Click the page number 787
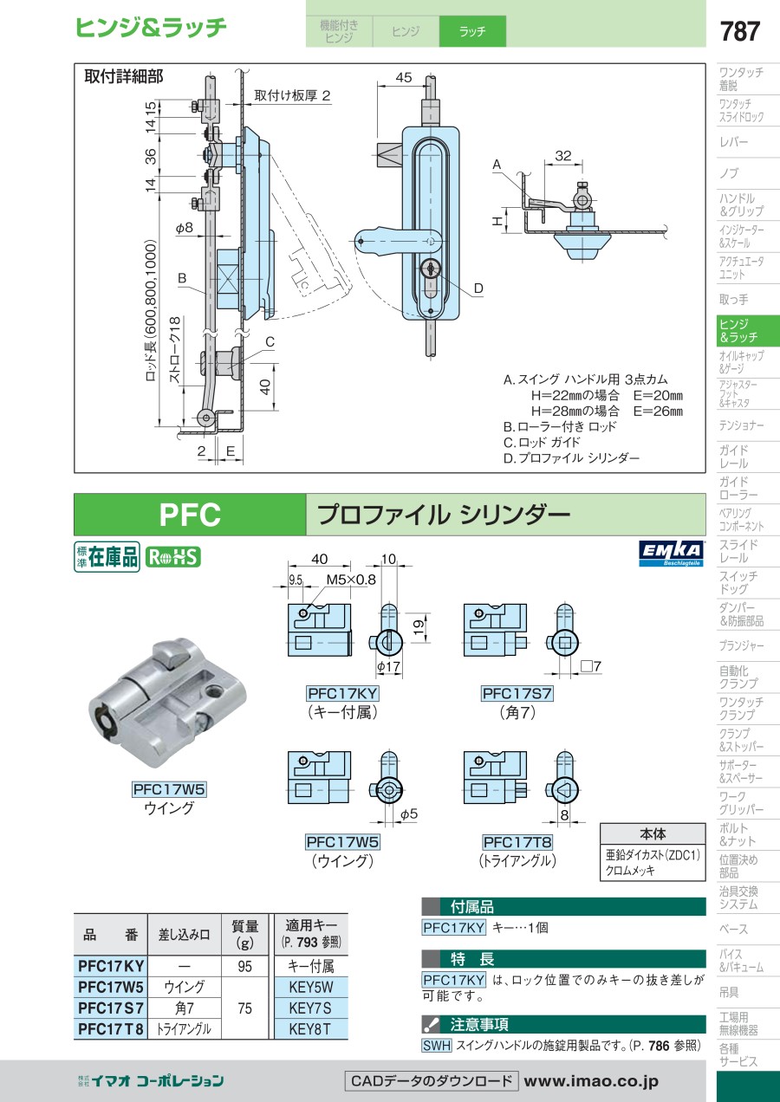(x=739, y=32)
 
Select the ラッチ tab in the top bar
(x=472, y=32)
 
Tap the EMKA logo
(x=671, y=553)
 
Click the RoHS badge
(x=172, y=557)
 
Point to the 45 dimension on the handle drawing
(x=403, y=78)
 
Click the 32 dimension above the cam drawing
(x=563, y=156)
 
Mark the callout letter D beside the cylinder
(x=478, y=288)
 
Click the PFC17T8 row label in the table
(x=111, y=1029)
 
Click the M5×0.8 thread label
(x=351, y=580)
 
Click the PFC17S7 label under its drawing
(x=517, y=694)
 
